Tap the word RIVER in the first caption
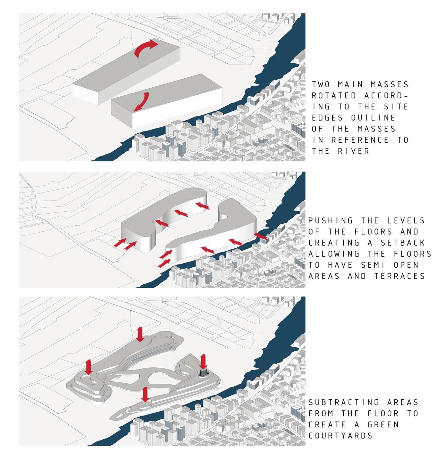(353, 151)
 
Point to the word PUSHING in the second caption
(331, 221)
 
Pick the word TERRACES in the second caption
(399, 276)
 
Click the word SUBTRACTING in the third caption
(343, 402)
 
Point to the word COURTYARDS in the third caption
(340, 435)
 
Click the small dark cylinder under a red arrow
(203, 372)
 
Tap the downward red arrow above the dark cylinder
(203, 362)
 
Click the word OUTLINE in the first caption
(373, 118)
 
